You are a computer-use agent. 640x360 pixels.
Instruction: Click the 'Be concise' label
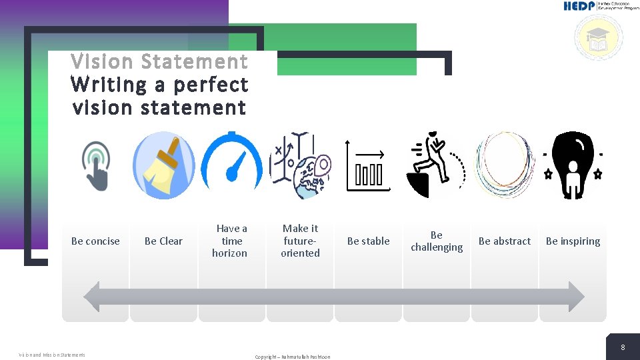95,241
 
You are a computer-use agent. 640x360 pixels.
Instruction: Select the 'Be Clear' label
163,241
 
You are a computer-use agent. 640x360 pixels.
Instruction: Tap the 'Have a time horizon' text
231,241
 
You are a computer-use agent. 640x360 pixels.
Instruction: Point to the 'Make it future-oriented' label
300,241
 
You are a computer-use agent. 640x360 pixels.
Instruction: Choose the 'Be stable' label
369,241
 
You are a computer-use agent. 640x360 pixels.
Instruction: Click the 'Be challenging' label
437,241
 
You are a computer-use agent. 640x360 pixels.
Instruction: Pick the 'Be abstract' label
505,241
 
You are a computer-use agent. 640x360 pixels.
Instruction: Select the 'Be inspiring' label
573,241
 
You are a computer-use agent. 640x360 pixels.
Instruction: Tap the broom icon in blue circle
164,165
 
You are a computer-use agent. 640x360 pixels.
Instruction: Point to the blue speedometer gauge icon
232,165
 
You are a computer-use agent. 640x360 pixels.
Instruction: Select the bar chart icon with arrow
367,167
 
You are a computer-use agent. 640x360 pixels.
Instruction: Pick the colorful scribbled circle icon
504,165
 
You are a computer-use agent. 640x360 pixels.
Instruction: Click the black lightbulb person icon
572,165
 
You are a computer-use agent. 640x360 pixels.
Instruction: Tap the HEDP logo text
579,6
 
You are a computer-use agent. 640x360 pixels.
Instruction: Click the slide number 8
623,347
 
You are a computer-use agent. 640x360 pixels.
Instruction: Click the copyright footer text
292,357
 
